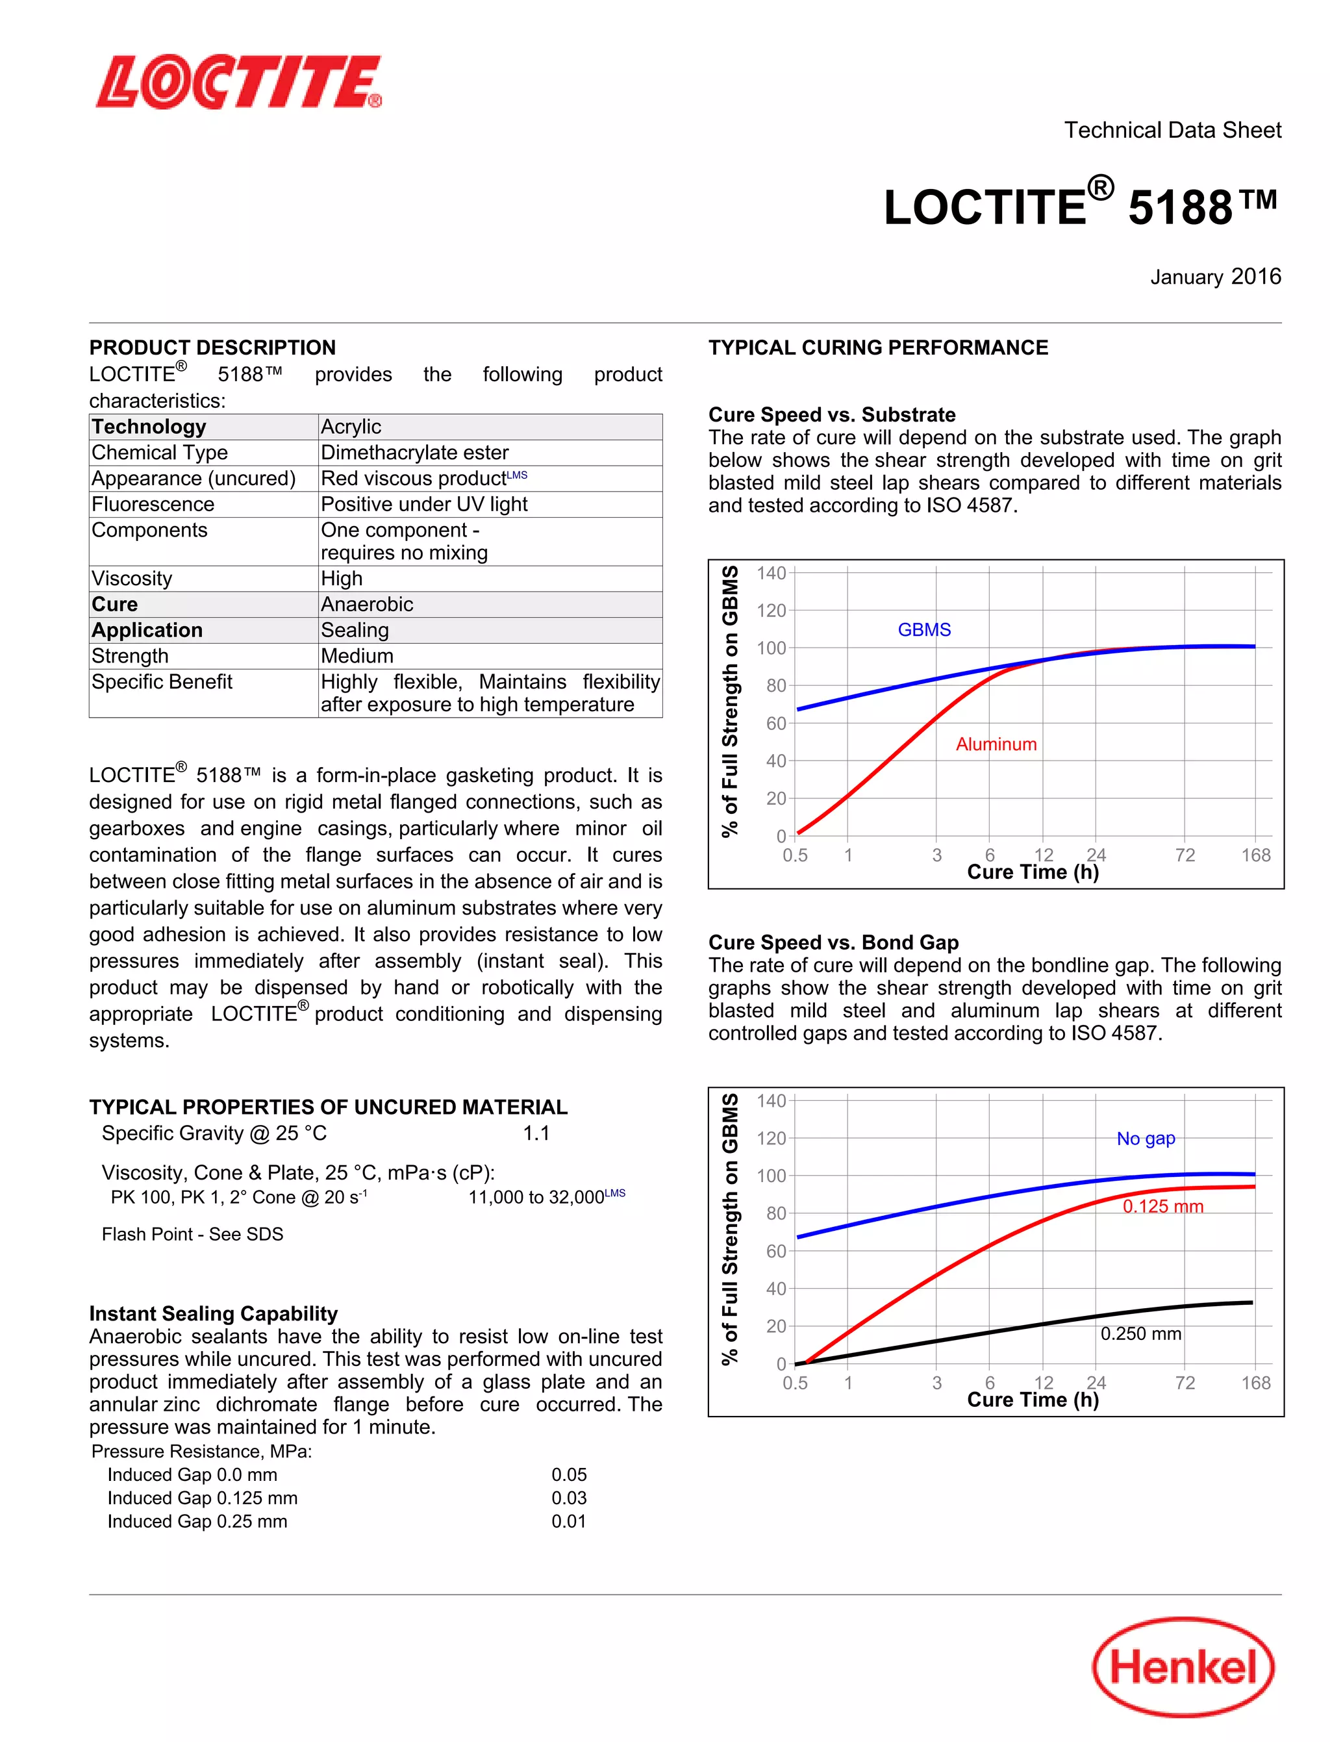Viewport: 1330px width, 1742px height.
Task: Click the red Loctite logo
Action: click(239, 82)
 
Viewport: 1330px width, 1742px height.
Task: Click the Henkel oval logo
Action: click(1183, 1666)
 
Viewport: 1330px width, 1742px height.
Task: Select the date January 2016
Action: click(1215, 277)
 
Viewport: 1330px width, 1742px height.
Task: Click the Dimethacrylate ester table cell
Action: click(414, 453)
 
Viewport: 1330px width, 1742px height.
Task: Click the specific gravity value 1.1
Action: click(536, 1133)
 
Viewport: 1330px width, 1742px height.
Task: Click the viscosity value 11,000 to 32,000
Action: click(537, 1197)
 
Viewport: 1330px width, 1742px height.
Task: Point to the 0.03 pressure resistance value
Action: click(568, 1498)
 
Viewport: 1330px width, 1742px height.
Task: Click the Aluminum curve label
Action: click(996, 744)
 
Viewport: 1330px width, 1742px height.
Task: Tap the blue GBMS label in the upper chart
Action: click(924, 629)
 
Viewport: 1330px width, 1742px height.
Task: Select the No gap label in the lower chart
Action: click(1146, 1139)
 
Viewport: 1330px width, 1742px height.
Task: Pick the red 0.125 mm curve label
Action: click(1163, 1207)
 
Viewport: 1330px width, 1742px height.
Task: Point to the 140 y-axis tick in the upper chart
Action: click(770, 574)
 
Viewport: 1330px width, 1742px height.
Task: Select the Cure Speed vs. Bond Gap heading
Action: click(833, 942)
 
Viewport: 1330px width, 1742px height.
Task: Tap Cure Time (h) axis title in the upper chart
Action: click(1033, 872)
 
